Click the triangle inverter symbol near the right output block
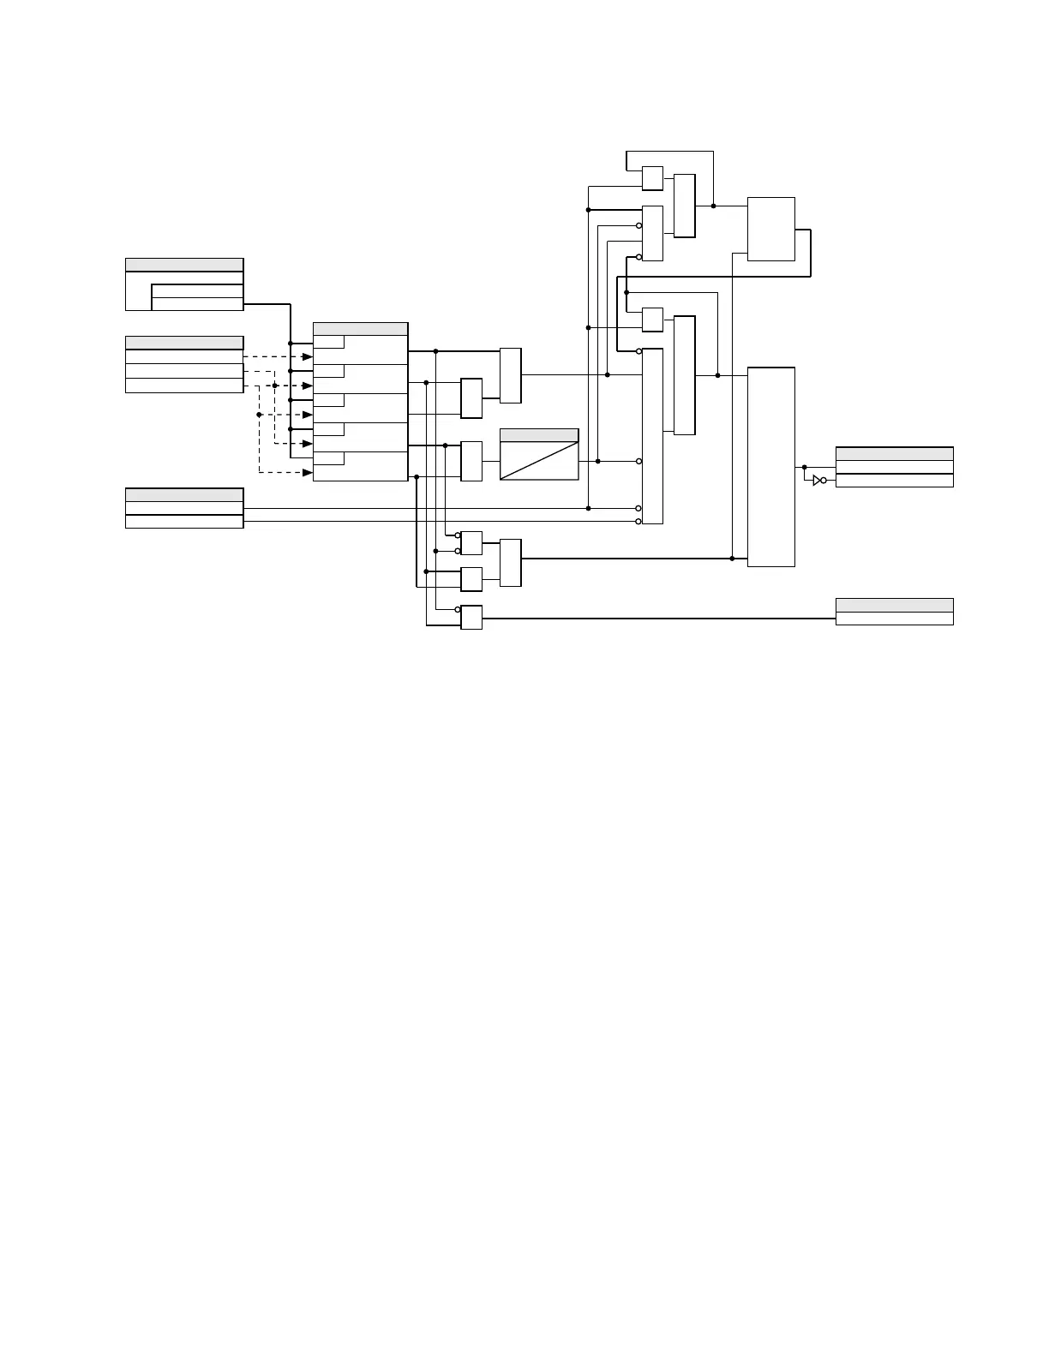point(817,481)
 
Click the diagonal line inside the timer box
point(539,461)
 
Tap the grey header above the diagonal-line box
point(539,435)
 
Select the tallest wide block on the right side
point(771,467)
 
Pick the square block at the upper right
point(771,229)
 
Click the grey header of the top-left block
point(184,265)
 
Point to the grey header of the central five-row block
point(360,329)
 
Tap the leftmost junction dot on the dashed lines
point(259,415)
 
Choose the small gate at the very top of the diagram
point(652,178)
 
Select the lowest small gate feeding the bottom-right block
point(471,618)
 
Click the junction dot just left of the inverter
point(804,467)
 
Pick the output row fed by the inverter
point(894,481)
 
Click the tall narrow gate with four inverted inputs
point(652,436)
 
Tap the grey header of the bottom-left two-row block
point(184,494)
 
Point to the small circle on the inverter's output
point(824,481)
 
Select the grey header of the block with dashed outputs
point(184,343)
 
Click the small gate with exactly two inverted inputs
point(471,543)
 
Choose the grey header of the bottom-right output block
point(894,605)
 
